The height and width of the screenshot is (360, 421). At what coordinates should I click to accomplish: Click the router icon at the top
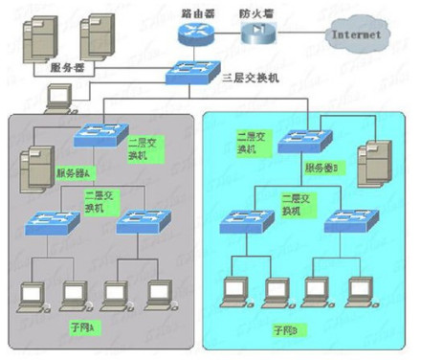tap(193, 33)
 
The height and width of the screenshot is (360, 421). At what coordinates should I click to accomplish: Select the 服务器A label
tap(100, 173)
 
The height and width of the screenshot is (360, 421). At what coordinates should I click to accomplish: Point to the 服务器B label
tap(320, 167)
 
